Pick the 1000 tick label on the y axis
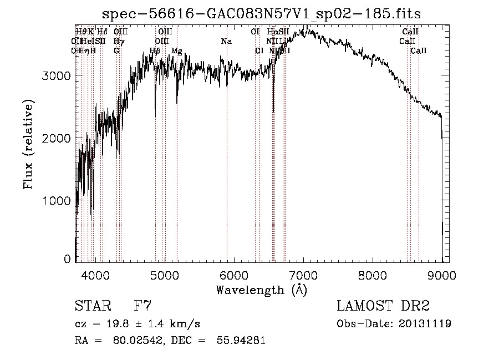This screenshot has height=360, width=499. pos(57,200)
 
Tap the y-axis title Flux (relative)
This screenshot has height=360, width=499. pos(28,144)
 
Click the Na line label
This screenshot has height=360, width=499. pos(226,42)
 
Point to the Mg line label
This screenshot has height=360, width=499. pos(177,51)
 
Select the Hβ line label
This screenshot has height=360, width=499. pos(155,51)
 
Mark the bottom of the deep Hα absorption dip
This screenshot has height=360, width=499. pos(273,111)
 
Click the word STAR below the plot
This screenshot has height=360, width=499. pos(92,306)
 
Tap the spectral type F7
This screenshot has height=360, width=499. pos(143,306)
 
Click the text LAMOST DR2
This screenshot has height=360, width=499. pos(383,306)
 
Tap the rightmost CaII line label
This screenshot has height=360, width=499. pos(419,51)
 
